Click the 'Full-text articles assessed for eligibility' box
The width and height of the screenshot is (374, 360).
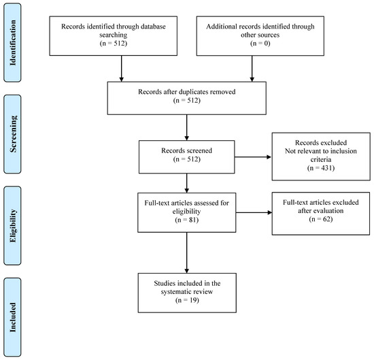[186, 212]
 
